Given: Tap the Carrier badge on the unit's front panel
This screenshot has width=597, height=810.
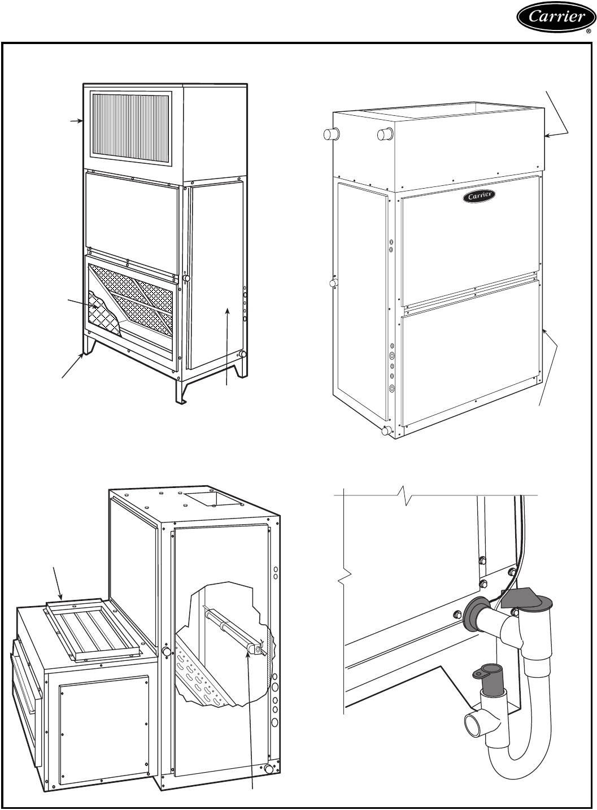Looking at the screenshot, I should click(x=480, y=196).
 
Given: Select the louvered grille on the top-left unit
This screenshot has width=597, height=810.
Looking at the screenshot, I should click(x=130, y=129).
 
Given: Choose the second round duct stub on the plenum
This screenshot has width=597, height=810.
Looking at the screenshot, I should click(x=385, y=134).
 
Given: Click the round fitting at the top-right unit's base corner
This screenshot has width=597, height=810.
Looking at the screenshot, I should click(x=386, y=430).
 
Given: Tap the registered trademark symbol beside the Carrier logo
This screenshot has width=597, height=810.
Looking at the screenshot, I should click(x=589, y=32).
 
